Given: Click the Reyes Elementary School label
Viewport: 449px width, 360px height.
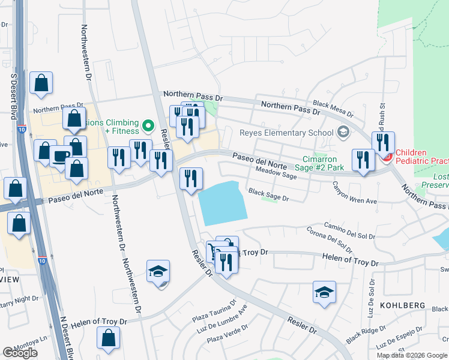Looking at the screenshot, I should pos(286,133).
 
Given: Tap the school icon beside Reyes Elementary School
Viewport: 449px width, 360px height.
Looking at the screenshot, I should pos(343,132).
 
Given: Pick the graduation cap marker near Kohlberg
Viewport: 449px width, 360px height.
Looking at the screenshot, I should pos(324,293).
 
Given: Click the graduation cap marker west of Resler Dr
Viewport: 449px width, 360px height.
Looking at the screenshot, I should pos(158,272).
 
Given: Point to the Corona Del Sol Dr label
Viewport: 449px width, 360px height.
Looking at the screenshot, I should pos(330,239).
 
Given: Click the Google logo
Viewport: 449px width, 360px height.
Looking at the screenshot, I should pos(20,353).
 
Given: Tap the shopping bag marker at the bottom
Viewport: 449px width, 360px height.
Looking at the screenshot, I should pos(108,338).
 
